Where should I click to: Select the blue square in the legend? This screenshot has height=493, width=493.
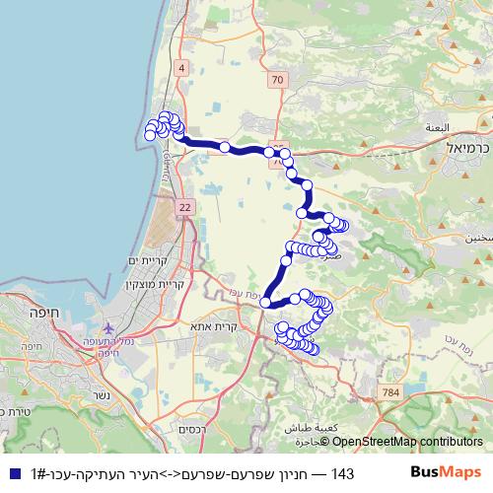[x=14, y=474]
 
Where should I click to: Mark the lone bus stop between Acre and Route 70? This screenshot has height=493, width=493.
[x=225, y=148]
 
